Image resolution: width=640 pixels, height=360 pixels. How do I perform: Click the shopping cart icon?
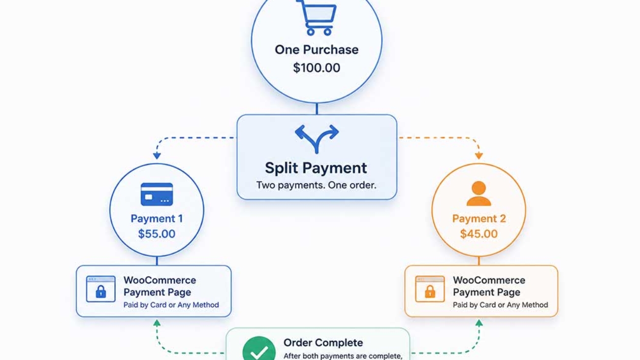click(317, 18)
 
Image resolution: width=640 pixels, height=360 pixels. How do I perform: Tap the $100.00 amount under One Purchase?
click(317, 68)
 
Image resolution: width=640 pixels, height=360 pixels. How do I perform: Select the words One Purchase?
click(317, 50)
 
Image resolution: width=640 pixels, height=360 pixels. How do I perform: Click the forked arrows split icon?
click(317, 139)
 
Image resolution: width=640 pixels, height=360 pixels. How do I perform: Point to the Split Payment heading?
click(316, 168)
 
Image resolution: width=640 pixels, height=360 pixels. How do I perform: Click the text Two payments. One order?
click(316, 185)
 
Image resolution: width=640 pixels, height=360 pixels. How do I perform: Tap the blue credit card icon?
click(157, 195)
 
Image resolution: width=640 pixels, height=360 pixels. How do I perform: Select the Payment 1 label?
click(157, 219)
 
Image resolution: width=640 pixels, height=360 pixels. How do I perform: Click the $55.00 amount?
click(157, 234)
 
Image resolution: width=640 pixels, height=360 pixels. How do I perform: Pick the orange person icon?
click(479, 194)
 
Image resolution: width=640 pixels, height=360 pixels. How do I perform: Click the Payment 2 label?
click(479, 219)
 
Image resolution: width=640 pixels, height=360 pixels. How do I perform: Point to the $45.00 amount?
click(479, 234)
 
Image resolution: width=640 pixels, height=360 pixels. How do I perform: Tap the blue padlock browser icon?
click(101, 289)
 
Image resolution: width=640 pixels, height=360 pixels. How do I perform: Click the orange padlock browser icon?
click(430, 289)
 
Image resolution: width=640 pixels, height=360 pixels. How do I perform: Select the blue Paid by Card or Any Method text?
click(171, 305)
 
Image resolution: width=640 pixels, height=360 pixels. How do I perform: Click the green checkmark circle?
click(259, 349)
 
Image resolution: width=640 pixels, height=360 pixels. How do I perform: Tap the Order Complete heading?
click(323, 343)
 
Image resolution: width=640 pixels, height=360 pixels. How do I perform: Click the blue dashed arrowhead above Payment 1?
click(157, 156)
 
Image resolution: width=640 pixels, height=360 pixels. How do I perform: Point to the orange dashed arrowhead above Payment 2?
click(479, 156)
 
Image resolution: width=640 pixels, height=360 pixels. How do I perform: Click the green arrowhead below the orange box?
click(479, 323)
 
